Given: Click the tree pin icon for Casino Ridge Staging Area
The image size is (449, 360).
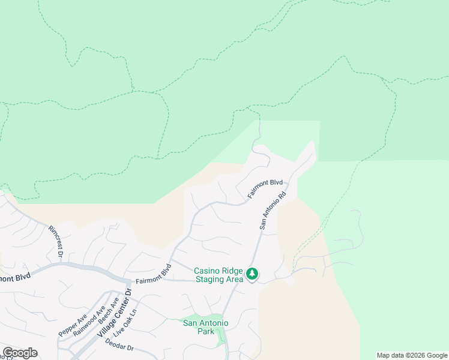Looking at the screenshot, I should pos(253,275).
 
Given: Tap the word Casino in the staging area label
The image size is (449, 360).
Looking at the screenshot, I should pos(206,271).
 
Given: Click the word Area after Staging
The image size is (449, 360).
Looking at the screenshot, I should pos(235,279).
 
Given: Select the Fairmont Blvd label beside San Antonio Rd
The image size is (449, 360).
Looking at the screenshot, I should pos(265,188).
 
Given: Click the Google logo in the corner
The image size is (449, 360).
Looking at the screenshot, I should pos(20,353).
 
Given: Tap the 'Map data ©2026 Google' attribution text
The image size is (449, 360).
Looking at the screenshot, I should pos(412,355).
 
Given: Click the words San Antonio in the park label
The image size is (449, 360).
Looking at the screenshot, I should pos(205,323).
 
